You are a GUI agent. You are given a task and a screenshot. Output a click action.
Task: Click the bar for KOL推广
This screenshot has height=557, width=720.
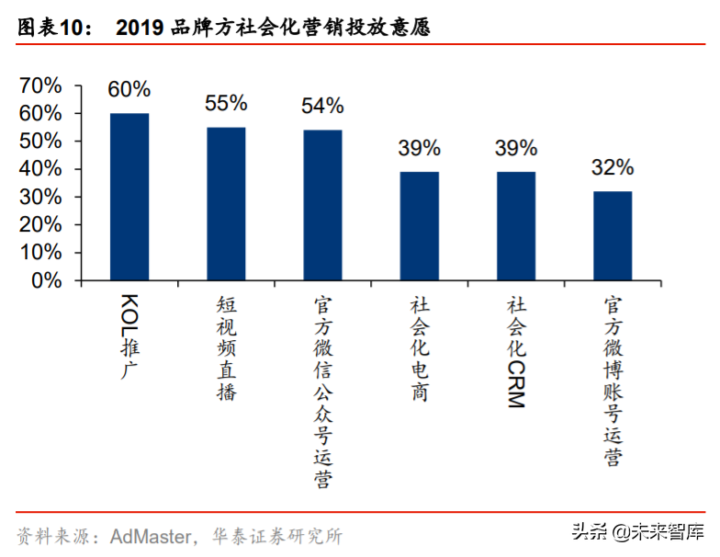(129, 197)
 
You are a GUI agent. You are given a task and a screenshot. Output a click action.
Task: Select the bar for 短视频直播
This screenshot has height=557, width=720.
(226, 203)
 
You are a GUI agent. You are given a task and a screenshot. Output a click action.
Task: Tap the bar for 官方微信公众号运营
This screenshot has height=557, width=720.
(322, 205)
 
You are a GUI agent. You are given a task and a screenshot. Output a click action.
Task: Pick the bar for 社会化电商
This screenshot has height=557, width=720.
(419, 226)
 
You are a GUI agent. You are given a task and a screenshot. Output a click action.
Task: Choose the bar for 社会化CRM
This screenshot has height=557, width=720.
(516, 226)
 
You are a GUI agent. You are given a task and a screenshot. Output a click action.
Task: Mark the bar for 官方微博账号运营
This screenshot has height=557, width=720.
(613, 235)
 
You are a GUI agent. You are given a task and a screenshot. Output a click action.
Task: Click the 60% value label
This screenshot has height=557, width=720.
(129, 90)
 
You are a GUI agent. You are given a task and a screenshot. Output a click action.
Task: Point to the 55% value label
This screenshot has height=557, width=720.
(226, 104)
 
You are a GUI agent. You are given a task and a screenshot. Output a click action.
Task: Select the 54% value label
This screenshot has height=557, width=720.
(322, 107)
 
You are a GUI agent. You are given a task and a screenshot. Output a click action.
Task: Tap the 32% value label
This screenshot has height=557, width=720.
(613, 167)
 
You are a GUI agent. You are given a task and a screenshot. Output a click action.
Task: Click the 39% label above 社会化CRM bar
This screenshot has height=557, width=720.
(516, 148)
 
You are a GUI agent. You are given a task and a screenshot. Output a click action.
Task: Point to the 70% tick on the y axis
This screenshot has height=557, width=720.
(40, 85)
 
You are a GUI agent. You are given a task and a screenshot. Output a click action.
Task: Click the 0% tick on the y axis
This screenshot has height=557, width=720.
(47, 281)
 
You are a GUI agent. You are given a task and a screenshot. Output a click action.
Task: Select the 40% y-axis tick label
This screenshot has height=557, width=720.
(40, 170)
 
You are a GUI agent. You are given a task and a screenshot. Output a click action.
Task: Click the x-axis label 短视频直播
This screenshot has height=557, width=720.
(226, 348)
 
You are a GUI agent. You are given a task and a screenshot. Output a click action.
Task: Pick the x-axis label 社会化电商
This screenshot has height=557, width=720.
(419, 348)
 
